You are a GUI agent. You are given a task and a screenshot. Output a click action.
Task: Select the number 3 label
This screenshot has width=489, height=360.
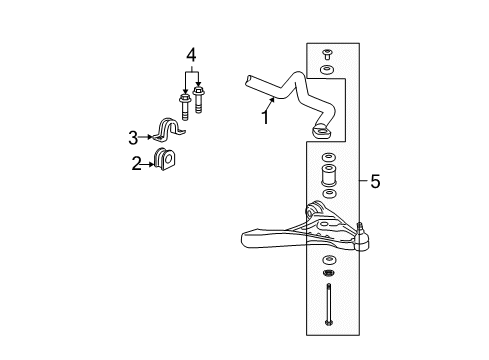(x=132, y=138)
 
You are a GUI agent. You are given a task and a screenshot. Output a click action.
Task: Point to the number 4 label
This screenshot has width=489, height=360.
(x=190, y=54)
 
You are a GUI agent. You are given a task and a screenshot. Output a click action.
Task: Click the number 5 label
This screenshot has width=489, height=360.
(x=375, y=181)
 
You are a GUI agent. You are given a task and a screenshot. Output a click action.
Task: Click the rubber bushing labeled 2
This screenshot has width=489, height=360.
(x=165, y=159)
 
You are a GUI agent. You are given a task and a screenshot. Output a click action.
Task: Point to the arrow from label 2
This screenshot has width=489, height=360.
(x=149, y=163)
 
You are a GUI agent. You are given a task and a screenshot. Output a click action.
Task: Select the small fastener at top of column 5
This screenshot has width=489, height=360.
(x=327, y=54)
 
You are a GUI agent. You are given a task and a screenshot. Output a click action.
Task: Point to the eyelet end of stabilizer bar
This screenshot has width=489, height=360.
(x=323, y=131)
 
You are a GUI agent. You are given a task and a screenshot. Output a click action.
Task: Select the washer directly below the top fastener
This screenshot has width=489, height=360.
(x=327, y=71)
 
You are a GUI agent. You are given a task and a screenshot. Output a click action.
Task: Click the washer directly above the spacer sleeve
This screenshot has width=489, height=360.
(x=326, y=158)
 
